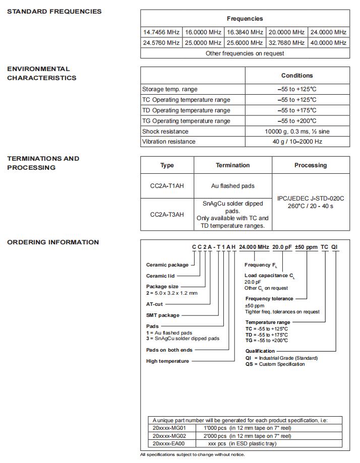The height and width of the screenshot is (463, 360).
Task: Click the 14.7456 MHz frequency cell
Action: (x=161, y=32)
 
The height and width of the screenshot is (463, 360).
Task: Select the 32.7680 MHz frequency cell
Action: (x=286, y=43)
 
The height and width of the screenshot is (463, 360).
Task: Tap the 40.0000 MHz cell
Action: (x=328, y=43)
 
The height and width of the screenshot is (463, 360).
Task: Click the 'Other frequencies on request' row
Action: (x=245, y=53)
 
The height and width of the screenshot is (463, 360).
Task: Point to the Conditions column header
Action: (x=297, y=76)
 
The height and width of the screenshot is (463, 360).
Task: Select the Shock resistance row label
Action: (x=165, y=131)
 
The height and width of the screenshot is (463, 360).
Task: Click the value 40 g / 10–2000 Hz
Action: (x=297, y=142)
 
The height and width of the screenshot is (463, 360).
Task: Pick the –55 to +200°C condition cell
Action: (x=297, y=121)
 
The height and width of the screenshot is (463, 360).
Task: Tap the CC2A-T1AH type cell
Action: (x=167, y=186)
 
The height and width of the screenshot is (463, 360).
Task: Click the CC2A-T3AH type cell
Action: (x=167, y=215)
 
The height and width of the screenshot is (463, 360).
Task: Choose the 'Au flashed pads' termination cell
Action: (x=232, y=186)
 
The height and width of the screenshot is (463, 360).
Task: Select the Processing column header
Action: (x=311, y=165)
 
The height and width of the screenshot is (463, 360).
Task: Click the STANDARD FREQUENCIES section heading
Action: (x=54, y=12)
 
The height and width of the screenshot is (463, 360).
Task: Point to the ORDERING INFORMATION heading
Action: (x=53, y=242)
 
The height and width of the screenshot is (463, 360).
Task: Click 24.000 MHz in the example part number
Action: (x=254, y=247)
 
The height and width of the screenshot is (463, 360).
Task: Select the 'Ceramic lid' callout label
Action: (x=161, y=276)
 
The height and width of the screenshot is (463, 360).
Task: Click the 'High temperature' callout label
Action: (x=167, y=361)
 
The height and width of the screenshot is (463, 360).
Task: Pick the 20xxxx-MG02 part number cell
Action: (x=169, y=436)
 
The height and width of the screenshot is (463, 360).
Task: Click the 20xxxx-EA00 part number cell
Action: (x=169, y=444)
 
